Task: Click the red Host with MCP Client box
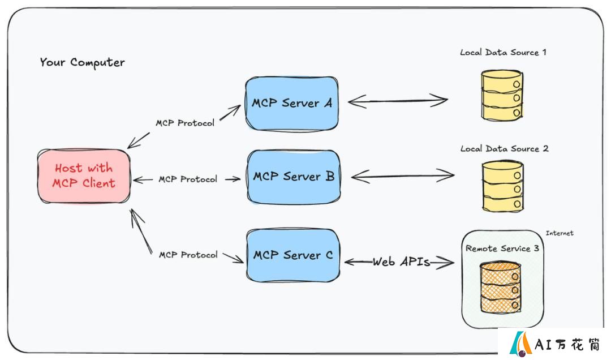click(x=84, y=176)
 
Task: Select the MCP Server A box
click(x=292, y=104)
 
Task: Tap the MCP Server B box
click(x=294, y=177)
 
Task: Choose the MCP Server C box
click(x=293, y=255)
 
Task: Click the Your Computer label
click(x=82, y=62)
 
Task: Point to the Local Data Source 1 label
click(x=503, y=52)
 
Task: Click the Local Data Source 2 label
click(x=504, y=149)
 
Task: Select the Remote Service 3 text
click(x=502, y=248)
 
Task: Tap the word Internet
click(x=560, y=233)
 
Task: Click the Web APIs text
click(x=401, y=262)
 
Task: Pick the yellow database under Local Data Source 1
click(x=502, y=95)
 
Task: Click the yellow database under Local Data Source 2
click(x=503, y=186)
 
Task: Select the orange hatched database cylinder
click(x=500, y=288)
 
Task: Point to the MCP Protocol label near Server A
click(x=185, y=123)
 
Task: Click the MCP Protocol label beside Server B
click(x=188, y=179)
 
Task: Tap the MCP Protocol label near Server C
click(x=188, y=255)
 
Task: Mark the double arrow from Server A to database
click(x=398, y=101)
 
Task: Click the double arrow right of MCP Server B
click(x=403, y=176)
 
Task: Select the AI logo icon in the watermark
click(x=520, y=344)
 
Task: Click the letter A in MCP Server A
click(x=328, y=103)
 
